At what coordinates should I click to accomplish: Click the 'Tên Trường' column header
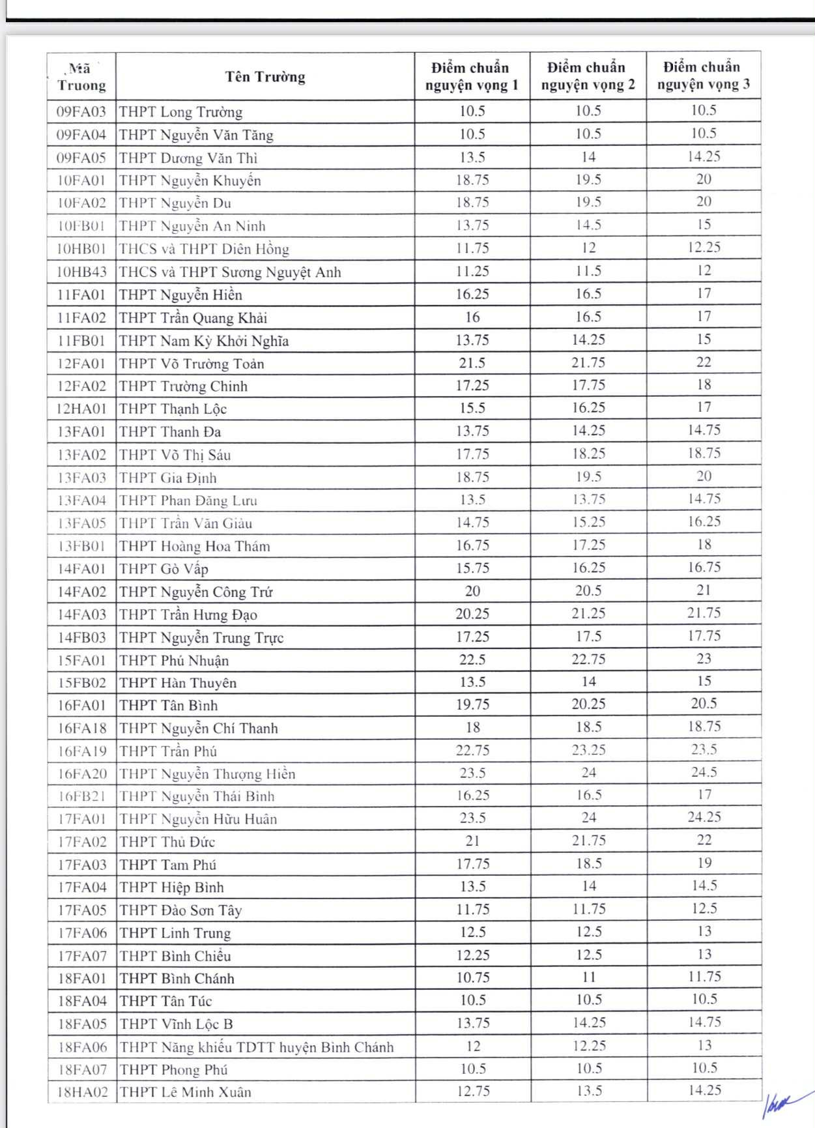coord(265,77)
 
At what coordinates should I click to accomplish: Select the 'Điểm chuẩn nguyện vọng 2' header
coord(588,76)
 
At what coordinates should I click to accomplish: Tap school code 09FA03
coord(81,111)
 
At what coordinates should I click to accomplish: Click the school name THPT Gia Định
coord(168,478)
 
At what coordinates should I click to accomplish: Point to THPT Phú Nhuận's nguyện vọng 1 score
coord(472,659)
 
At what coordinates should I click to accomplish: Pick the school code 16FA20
coord(82,774)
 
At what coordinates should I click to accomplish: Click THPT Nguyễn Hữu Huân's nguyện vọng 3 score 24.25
coord(704,817)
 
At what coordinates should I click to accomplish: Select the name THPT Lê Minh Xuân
coord(186,1092)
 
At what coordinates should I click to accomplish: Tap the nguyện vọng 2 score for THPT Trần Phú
coord(588,750)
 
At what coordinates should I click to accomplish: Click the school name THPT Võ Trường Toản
coord(192,364)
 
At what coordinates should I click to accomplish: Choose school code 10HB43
coord(81,272)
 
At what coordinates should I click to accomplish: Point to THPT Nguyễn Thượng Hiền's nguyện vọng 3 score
coord(704,772)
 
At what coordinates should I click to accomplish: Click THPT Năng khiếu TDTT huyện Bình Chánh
coord(257,1047)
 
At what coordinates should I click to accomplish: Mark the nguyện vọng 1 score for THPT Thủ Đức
coord(472,841)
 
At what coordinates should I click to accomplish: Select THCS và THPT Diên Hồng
coord(204,249)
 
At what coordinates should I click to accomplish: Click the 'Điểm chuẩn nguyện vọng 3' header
coord(703,76)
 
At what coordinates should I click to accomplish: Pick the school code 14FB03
coord(82,637)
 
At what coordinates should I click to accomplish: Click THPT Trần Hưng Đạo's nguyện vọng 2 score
coord(588,614)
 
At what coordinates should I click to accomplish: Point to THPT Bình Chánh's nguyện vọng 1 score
coord(473,978)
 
